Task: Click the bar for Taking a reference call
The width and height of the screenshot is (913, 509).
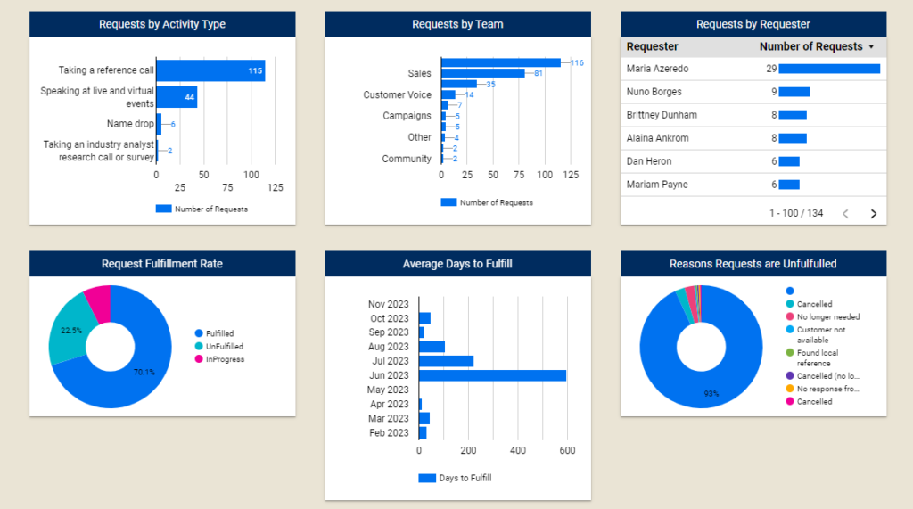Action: click(210, 70)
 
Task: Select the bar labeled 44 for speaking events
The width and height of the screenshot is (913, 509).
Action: click(177, 97)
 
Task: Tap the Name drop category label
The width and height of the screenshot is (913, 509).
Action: click(130, 124)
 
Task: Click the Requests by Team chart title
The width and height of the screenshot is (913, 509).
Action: click(457, 24)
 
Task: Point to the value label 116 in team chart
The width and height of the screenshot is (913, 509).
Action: click(577, 62)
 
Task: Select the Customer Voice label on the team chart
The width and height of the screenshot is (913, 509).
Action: click(397, 94)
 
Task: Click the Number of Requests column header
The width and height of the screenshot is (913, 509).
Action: click(810, 46)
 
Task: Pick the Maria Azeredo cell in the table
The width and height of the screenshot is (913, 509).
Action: click(657, 69)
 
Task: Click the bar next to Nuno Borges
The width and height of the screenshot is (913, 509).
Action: click(794, 92)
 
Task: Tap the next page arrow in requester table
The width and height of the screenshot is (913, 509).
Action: click(873, 213)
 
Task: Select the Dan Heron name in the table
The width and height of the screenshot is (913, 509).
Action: click(649, 161)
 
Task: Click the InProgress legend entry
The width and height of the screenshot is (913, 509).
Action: click(224, 359)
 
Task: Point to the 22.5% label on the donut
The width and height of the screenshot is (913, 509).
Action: click(70, 330)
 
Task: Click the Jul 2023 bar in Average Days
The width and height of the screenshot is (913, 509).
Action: click(446, 361)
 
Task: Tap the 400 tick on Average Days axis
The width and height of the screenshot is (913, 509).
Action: click(518, 450)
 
